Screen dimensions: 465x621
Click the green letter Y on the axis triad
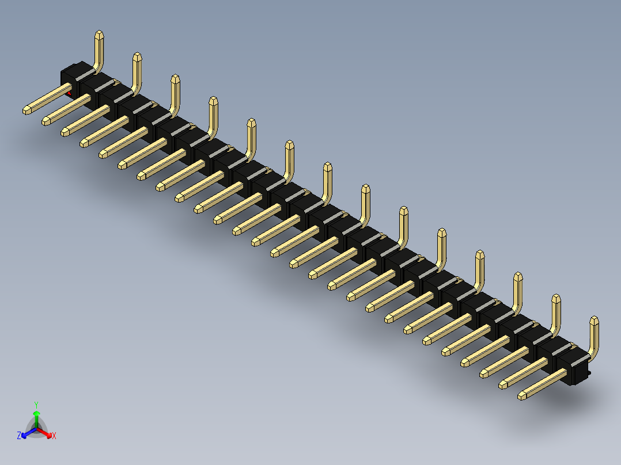point(36,404)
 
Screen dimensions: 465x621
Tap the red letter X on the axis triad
point(54,436)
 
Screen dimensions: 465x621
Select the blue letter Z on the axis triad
point(19,436)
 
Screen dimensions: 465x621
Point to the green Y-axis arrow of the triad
point(36,416)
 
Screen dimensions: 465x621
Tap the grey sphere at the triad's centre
point(37,428)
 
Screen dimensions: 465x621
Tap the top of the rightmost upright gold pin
point(594,321)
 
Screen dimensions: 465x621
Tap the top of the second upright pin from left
point(137,56)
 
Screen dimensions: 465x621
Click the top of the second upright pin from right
point(556,299)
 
